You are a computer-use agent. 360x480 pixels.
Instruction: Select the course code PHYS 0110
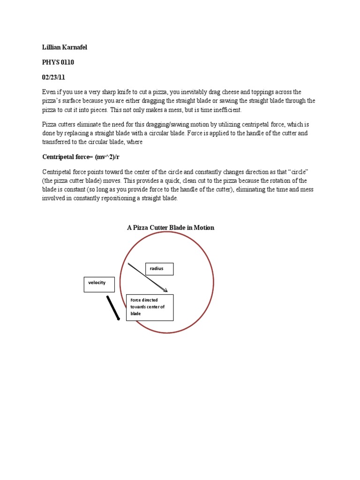[58, 62]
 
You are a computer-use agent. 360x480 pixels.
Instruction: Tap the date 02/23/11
[55, 77]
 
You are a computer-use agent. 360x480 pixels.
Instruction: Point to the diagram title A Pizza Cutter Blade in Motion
[171, 227]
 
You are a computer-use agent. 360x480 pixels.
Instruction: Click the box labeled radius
[159, 269]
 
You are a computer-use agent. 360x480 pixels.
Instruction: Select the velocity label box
[99, 285]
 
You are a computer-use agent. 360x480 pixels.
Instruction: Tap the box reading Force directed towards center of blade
[150, 307]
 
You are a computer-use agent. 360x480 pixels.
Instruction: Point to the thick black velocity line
[113, 307]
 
